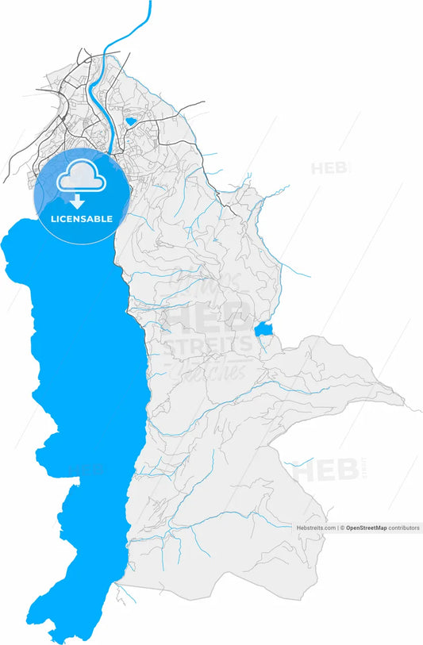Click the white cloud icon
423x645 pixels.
click(x=82, y=176)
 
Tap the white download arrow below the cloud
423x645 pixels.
click(x=82, y=202)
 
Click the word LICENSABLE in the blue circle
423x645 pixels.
click(x=82, y=219)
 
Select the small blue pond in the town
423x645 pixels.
click(x=130, y=122)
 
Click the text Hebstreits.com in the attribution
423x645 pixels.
click(x=316, y=528)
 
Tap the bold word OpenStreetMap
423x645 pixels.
click(x=367, y=528)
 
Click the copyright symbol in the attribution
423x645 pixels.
click(x=342, y=528)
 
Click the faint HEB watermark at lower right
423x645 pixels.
click(x=324, y=470)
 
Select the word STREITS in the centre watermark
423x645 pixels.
click(x=208, y=347)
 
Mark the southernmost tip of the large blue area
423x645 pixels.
click(x=56, y=639)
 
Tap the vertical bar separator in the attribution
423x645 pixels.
click(x=337, y=528)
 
